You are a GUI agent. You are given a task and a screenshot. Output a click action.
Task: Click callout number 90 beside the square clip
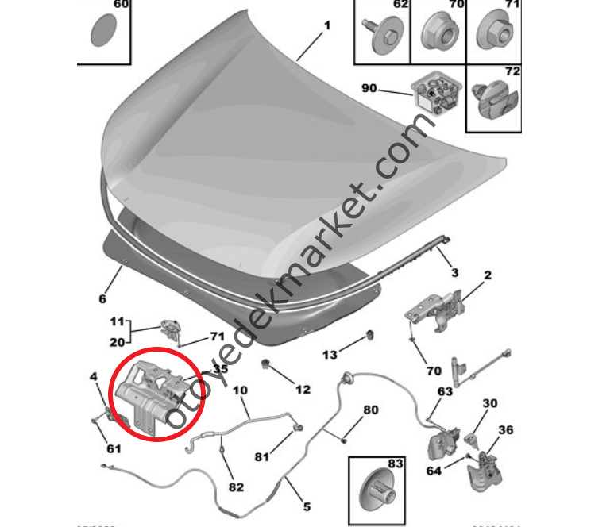[368, 88]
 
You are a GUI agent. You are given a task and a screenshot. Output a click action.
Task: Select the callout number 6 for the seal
[102, 299]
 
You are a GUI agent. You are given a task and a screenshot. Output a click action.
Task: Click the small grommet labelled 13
[369, 334]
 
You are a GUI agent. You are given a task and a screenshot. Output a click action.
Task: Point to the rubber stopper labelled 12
[268, 366]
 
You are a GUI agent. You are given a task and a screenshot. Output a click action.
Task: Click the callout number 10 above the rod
[241, 390]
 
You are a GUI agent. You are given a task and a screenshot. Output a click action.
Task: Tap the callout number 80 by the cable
[371, 410]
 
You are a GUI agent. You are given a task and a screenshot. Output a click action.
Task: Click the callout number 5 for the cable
[307, 506]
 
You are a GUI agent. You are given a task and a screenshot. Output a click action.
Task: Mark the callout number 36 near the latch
[505, 431]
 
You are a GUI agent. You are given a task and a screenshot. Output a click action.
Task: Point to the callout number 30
[489, 404]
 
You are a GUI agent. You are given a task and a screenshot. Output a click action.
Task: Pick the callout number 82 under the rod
[236, 487]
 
